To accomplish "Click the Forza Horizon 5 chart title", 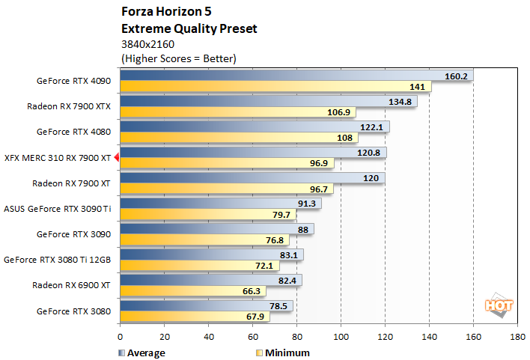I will pyautogui.click(x=159, y=13).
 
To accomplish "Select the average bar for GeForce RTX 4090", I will pyautogui.click(x=284, y=76).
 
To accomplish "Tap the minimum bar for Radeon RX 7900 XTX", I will pyautogui.click(x=225, y=112).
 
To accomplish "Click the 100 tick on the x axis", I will pyautogui.click(x=341, y=337).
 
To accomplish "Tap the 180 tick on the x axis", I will pyautogui.click(x=517, y=337).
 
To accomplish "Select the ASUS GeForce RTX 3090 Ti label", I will pyautogui.click(x=58, y=208).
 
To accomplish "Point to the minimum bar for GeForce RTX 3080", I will pyautogui.click(x=194, y=316).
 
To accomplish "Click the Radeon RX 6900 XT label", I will pyautogui.click(x=71, y=284).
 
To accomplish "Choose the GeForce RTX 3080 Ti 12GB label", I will pyautogui.click(x=58, y=260).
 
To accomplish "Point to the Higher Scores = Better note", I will pyautogui.click(x=178, y=58).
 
